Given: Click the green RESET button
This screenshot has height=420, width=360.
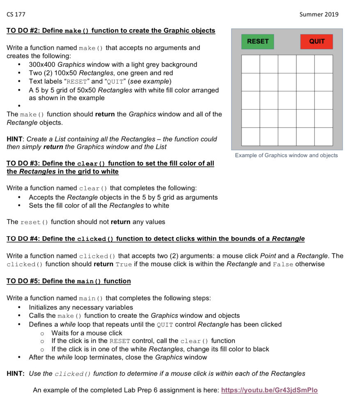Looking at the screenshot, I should coord(257,41).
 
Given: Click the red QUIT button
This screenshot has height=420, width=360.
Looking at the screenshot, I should coord(316,41).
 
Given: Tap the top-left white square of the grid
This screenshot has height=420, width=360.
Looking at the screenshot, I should coord(250,64).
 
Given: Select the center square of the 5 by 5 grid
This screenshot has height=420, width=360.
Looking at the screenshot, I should coord(287,100).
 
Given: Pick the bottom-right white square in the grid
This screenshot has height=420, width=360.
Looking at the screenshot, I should coord(323,137).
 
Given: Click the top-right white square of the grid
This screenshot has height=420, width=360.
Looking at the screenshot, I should coord(323,64).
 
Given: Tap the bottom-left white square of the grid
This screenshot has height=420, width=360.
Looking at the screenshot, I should coord(250,137).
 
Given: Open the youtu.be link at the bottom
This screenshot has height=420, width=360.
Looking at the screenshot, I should coord(269,390).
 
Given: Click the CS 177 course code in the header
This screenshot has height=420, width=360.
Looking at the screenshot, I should coord(16,14).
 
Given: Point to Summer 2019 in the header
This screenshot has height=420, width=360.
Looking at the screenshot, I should coord(319,14).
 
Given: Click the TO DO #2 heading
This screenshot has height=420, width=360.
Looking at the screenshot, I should coord(111,31).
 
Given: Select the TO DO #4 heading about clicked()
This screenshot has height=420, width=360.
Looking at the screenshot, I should coord(156,239).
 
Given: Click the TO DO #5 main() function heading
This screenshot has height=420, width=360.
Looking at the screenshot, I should coord(69,281).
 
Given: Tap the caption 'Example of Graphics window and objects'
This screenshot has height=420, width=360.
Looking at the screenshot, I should coord(286,155).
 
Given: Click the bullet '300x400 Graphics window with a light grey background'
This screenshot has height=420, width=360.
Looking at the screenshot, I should coord(113,64).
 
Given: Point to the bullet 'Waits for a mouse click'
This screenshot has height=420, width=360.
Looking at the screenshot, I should coord(87,333).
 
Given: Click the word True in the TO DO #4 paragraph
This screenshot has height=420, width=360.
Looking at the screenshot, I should coord(124,265).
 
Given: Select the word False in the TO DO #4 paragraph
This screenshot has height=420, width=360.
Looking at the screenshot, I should coord(283,265).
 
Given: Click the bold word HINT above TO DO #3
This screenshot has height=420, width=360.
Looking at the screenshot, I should coord(15,139).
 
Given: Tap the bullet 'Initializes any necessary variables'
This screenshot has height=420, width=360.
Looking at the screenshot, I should coord(81,307).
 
